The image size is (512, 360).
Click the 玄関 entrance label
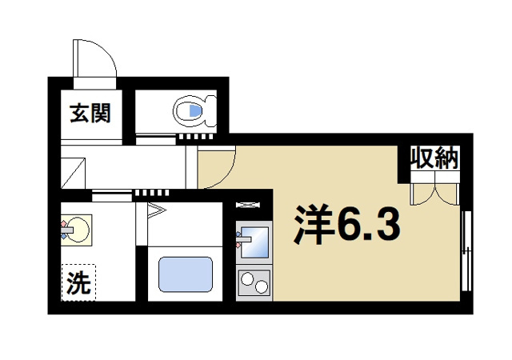pyautogui.click(x=89, y=114)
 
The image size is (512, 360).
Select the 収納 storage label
pyautogui.click(x=434, y=158)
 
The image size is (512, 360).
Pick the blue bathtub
pyautogui.click(x=185, y=274)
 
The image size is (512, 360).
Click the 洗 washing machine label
pyautogui.click(x=78, y=283)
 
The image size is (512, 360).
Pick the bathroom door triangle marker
pyautogui.click(x=155, y=212)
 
